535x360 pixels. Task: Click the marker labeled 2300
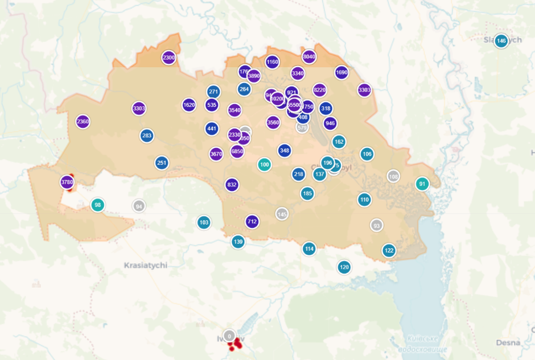tap(168, 57)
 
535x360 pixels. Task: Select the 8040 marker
tap(309, 56)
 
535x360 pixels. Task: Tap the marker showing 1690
tap(341, 72)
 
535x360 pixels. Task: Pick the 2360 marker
tap(83, 121)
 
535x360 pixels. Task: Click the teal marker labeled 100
tap(264, 165)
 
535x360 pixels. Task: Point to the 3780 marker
tap(67, 182)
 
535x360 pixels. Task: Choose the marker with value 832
tap(232, 184)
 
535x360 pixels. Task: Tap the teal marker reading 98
tap(98, 205)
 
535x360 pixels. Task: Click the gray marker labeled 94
tap(139, 206)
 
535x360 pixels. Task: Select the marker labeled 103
tap(204, 222)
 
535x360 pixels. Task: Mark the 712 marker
tap(252, 221)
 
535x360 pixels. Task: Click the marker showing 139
tap(238, 242)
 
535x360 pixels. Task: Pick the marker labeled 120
tap(344, 267)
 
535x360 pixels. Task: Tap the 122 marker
tap(389, 250)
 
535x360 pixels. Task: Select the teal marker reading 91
tap(422, 184)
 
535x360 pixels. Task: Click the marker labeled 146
tap(501, 41)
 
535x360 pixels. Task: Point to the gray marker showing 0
tap(229, 336)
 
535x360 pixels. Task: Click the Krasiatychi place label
tap(145, 266)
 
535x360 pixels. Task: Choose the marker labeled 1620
tap(190, 105)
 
